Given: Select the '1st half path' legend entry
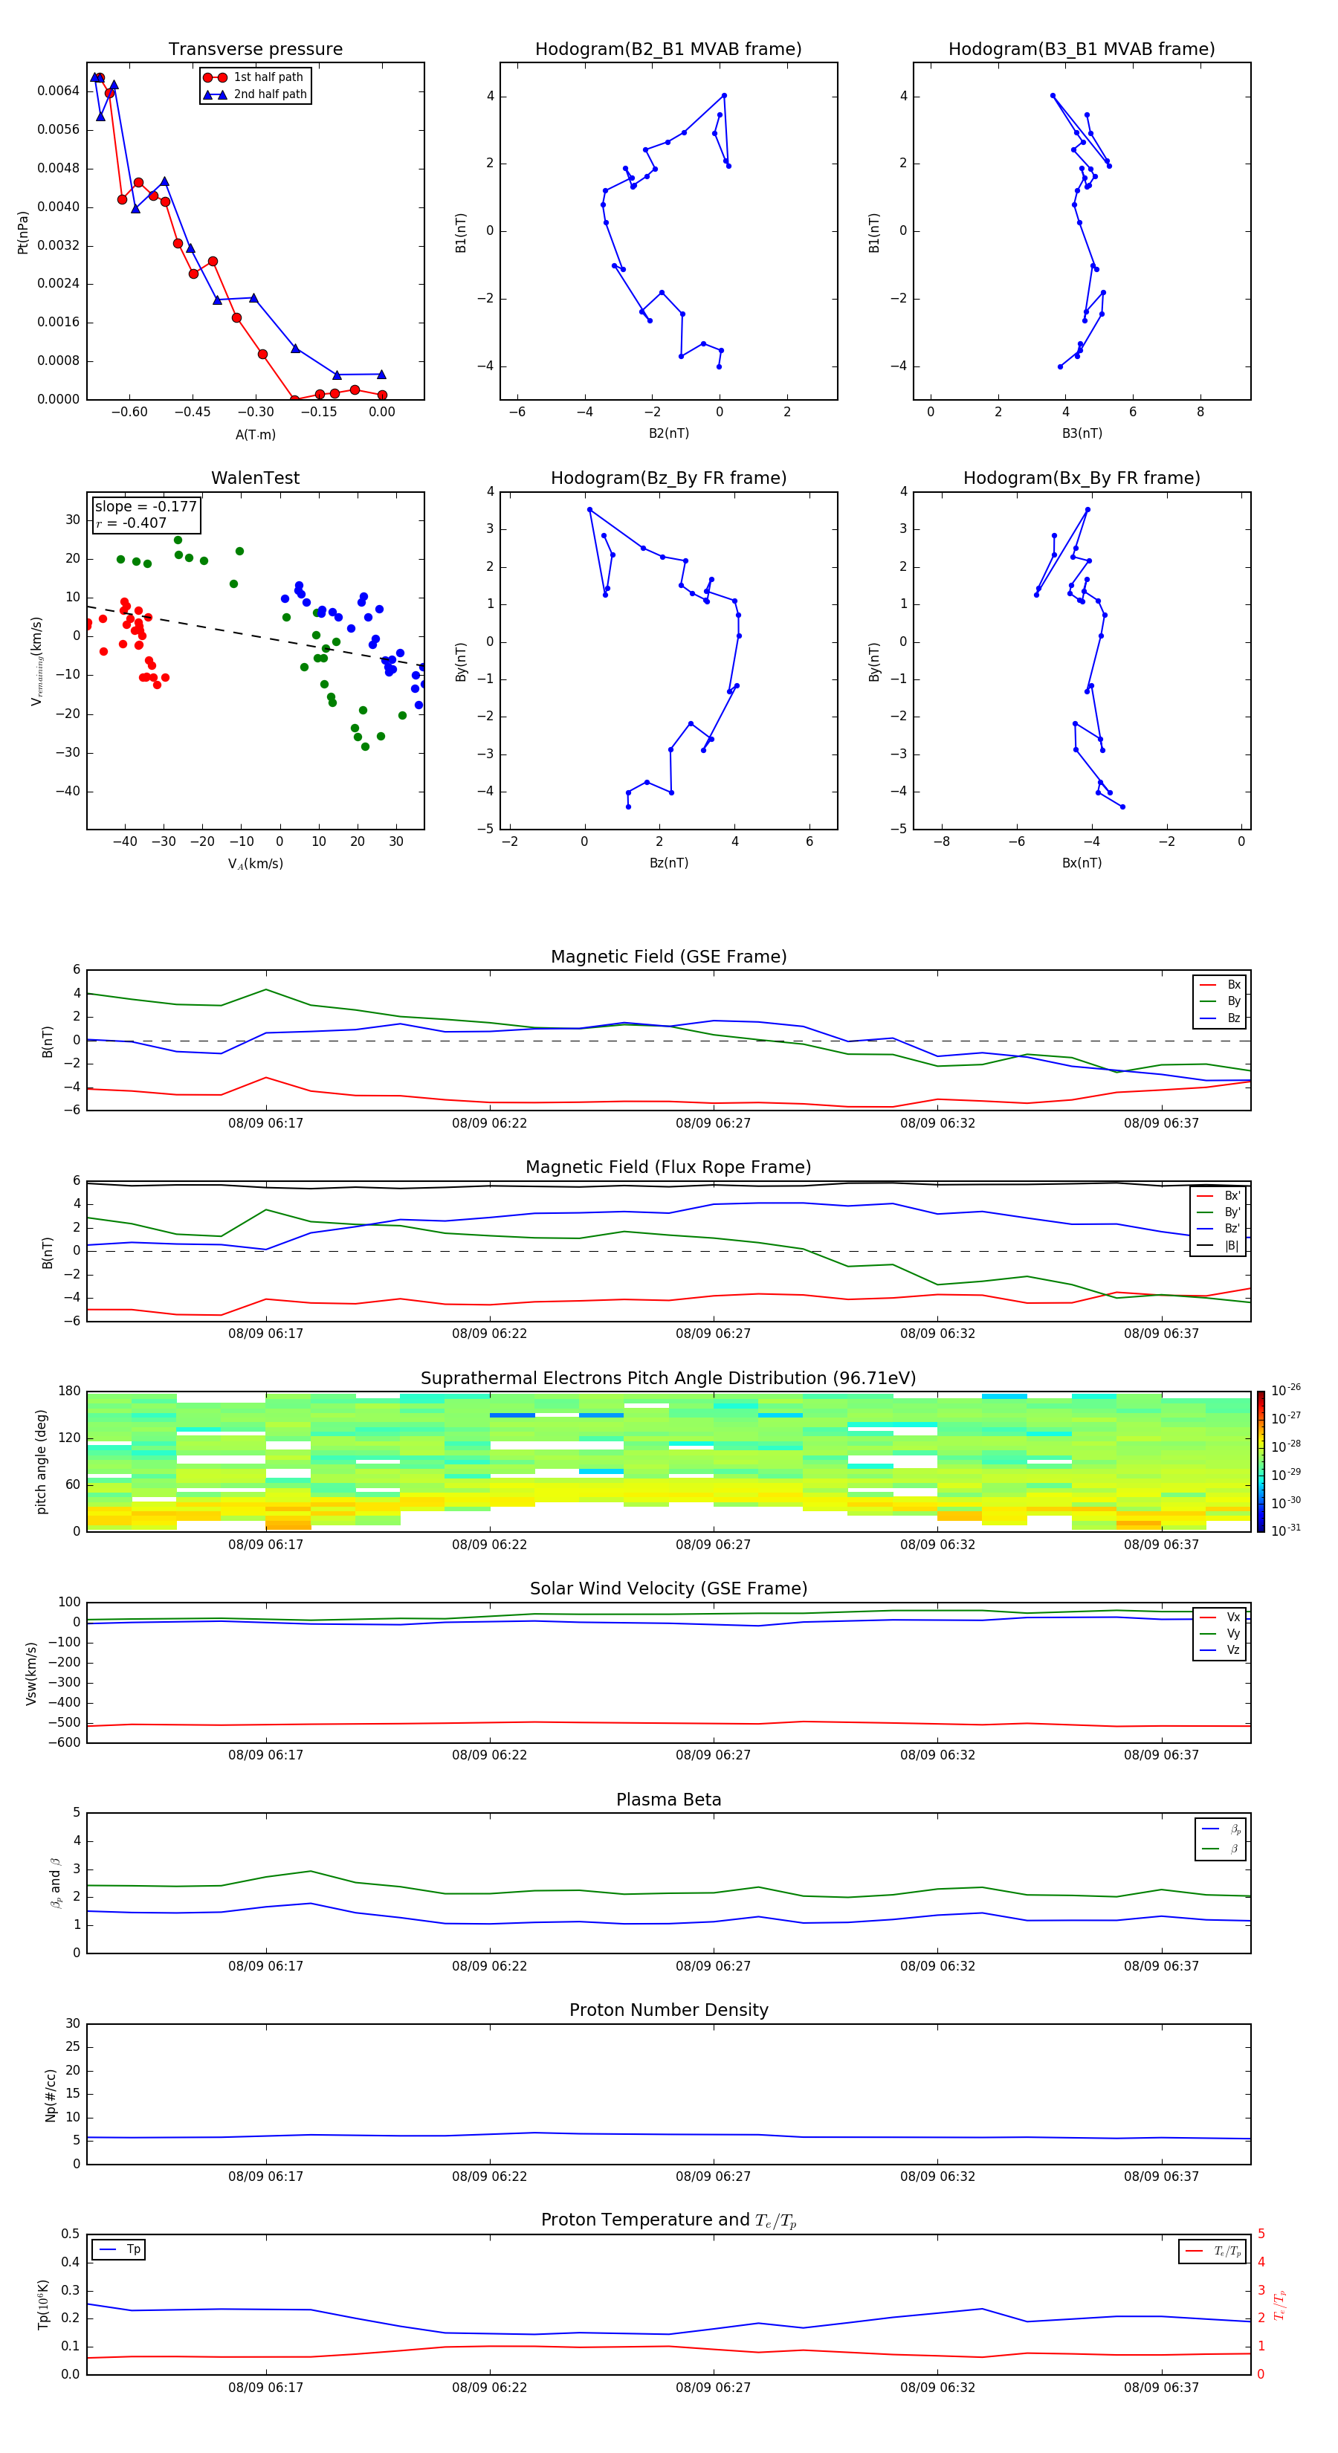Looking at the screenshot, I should click(268, 77).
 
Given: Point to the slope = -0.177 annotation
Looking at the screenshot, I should click(146, 507).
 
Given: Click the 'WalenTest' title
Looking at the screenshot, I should click(255, 478).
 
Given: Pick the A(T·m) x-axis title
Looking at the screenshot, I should click(255, 434).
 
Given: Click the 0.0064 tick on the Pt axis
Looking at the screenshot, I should click(58, 91).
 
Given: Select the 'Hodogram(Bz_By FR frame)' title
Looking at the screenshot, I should click(668, 478).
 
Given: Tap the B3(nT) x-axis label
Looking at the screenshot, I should click(1082, 433).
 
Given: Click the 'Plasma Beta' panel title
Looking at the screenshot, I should click(668, 1800).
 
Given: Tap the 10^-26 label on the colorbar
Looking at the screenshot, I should click(1286, 1390).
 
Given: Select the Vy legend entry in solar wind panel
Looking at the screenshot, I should click(1232, 1633).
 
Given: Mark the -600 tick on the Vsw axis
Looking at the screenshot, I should click(64, 1742).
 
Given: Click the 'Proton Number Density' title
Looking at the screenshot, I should click(668, 2010).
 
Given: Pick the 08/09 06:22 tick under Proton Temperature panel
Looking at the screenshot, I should click(490, 2388).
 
